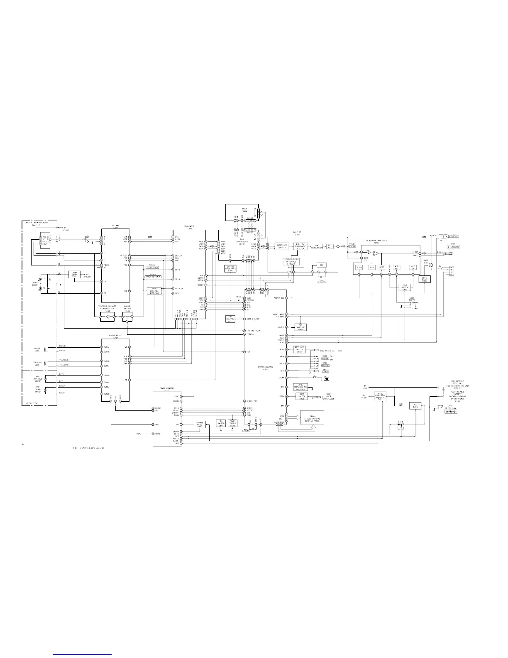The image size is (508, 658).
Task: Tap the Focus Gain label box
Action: pos(152,268)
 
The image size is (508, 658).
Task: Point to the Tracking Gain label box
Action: pos(152,277)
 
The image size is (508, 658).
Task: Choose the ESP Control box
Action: pos(230,319)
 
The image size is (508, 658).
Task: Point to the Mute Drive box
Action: pos(425,279)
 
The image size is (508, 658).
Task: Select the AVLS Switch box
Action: pos(404,287)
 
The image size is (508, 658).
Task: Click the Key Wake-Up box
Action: pos(300,327)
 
